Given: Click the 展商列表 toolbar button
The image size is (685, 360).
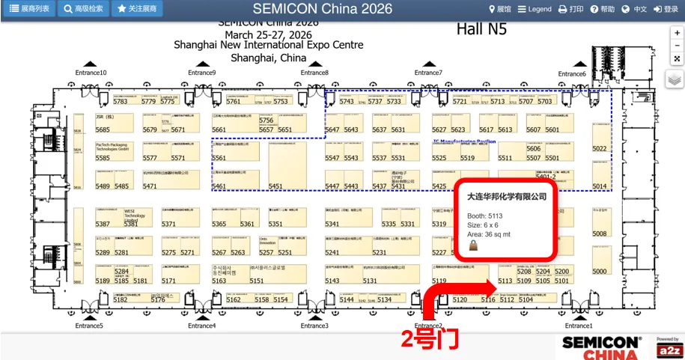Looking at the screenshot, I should [29, 9].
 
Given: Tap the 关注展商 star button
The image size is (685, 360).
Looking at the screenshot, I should [137, 9].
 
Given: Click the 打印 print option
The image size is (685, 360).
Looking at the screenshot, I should [570, 9].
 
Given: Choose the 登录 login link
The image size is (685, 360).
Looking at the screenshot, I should [666, 9].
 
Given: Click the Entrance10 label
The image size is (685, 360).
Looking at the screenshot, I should [91, 73].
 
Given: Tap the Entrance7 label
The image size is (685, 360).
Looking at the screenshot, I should [428, 73].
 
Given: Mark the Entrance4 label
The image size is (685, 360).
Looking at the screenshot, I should [201, 326].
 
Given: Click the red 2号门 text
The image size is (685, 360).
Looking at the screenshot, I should [429, 339].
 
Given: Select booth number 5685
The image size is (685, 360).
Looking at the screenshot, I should [103, 129].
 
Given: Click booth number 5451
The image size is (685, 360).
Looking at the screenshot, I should [275, 186].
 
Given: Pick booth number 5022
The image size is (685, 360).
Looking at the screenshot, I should [600, 148].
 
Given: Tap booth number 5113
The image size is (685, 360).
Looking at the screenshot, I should [505, 281].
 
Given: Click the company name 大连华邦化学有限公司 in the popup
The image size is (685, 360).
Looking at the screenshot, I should [507, 197].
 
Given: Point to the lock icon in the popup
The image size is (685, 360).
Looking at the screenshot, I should [473, 245].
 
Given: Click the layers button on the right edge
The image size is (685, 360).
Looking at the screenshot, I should [675, 79].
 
